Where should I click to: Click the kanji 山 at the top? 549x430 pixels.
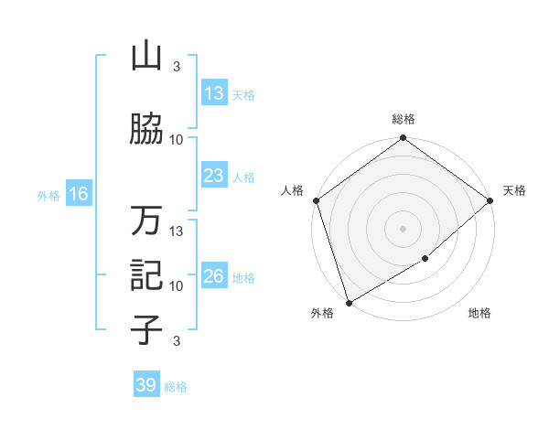[146, 57]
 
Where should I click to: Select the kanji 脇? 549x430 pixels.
[146, 130]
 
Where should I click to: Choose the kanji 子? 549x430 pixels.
[146, 329]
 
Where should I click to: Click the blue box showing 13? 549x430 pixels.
[214, 93]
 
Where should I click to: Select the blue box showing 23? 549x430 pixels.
[214, 176]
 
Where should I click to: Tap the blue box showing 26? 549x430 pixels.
[214, 276]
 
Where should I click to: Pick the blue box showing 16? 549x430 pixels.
[78, 194]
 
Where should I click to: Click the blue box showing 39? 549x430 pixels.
[145, 385]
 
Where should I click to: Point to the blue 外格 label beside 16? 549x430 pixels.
[48, 195]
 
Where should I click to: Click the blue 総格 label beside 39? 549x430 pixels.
[176, 386]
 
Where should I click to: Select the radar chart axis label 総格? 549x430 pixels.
[404, 119]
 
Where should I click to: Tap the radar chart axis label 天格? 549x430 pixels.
[514, 190]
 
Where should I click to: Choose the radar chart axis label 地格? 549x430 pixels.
[479, 314]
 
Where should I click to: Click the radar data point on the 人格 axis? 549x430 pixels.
[316, 200]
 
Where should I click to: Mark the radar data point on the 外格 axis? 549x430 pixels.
[349, 302]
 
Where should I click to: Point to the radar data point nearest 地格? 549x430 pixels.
[425, 259]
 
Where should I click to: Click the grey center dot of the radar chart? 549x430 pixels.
[403, 229]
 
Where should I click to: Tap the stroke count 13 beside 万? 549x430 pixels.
[178, 231]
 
